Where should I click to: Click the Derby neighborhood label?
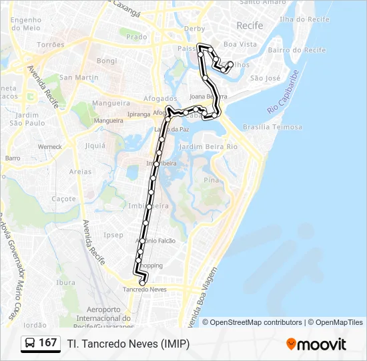(194, 29)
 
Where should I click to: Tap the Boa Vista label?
(240, 44)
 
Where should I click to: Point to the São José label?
(264, 78)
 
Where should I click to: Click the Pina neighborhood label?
(211, 180)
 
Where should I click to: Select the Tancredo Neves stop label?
(144, 289)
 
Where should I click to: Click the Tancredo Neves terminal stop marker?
(142, 283)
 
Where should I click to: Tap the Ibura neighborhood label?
(65, 282)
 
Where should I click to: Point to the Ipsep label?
(113, 235)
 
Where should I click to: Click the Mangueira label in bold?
(111, 104)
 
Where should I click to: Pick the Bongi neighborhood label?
(106, 61)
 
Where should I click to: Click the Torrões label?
(51, 44)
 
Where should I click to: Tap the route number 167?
(48, 343)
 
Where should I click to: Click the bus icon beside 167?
(31, 343)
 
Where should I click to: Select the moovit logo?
(316, 344)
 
